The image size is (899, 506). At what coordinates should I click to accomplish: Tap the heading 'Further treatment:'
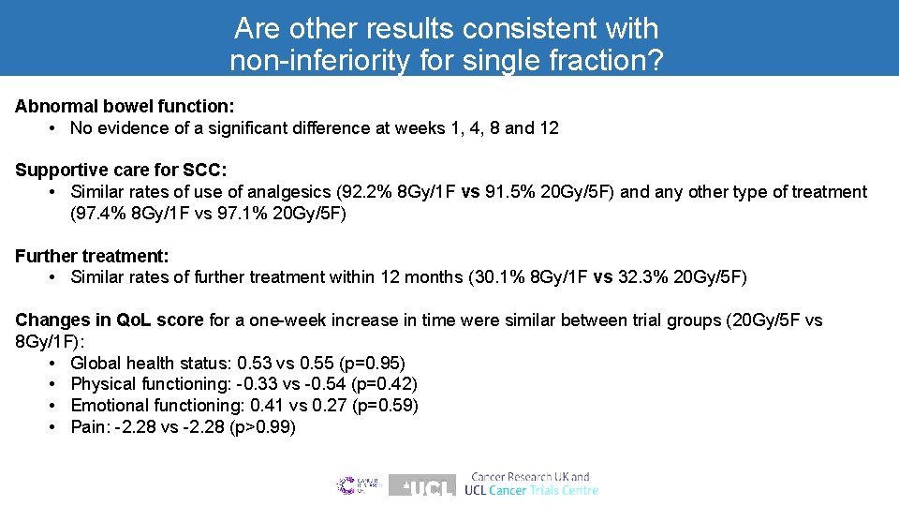[x=91, y=255]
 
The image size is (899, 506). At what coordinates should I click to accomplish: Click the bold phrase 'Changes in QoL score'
[x=110, y=320]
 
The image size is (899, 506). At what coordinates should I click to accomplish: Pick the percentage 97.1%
[x=235, y=214]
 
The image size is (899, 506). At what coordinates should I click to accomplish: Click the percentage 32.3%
[x=641, y=277]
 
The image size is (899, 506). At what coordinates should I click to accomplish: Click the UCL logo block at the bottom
[x=421, y=485]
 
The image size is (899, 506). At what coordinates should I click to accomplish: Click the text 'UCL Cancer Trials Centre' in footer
[x=531, y=490]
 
